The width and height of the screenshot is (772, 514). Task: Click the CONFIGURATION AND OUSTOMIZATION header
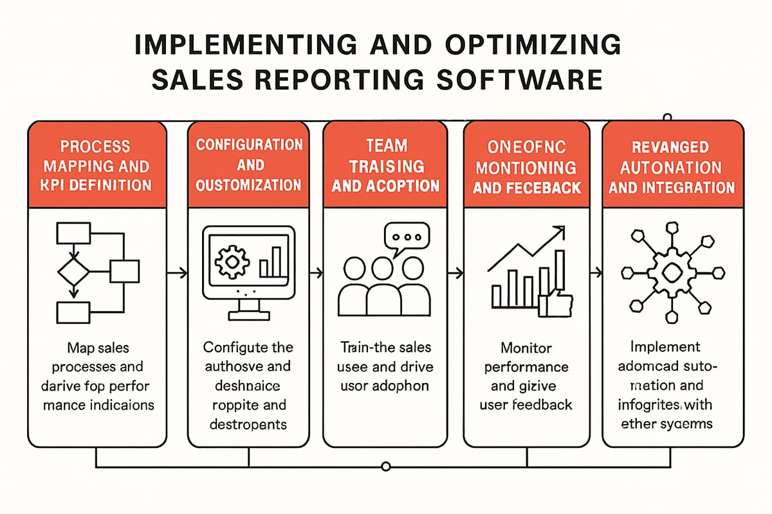(249, 164)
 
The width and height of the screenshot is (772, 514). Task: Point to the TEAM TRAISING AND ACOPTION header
(385, 165)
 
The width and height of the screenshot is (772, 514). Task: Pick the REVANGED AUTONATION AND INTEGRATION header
(672, 167)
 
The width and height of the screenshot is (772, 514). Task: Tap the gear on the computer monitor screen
(229, 261)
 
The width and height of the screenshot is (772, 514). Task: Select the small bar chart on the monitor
(271, 262)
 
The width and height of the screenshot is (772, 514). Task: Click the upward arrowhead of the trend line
(560, 230)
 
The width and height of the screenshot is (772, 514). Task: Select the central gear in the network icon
(670, 272)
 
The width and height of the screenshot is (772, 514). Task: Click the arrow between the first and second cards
(177, 273)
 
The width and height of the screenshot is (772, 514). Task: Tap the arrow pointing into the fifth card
(595, 273)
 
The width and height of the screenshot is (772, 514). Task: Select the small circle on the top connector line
(667, 118)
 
